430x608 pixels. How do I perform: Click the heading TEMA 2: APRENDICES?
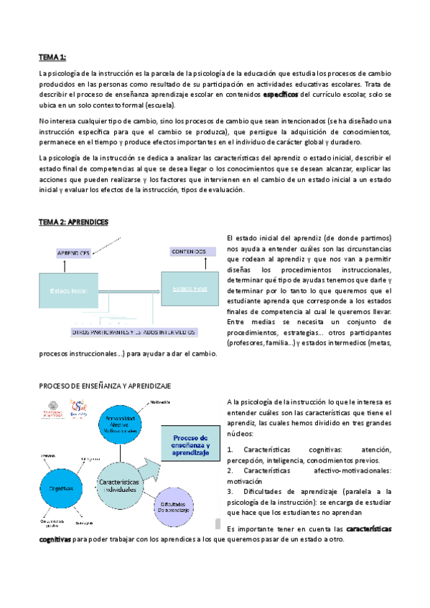point(73,222)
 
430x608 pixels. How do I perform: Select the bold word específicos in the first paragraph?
point(281,94)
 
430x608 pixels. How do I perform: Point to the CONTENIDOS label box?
point(189,252)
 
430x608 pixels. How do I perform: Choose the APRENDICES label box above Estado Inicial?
point(74,253)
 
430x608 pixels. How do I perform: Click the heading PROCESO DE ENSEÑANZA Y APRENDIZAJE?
point(105,385)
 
